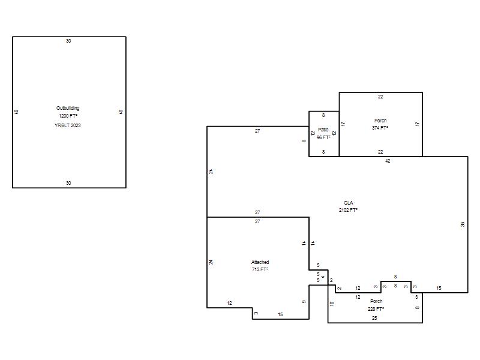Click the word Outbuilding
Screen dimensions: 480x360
(x=68, y=108)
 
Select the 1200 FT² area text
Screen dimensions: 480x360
(x=68, y=116)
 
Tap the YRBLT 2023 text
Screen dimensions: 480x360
(x=68, y=125)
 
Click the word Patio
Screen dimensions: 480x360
(x=323, y=130)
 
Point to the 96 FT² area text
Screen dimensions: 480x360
(x=323, y=137)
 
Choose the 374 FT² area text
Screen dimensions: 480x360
(x=380, y=128)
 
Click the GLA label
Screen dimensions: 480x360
(x=349, y=203)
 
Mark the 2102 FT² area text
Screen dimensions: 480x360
(x=348, y=210)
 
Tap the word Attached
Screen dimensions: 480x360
(x=260, y=262)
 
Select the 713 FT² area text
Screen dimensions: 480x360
(x=260, y=269)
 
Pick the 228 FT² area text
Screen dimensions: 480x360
(x=376, y=309)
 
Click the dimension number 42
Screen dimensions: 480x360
(x=388, y=161)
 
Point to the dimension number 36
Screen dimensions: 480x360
(x=462, y=224)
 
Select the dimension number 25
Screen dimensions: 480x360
(x=374, y=318)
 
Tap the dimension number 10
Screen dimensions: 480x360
(x=332, y=304)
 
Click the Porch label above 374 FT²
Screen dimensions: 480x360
(x=380, y=121)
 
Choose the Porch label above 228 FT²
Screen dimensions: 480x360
(x=376, y=301)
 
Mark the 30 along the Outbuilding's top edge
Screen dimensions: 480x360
(x=68, y=41)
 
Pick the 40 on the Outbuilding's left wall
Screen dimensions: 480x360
(x=17, y=112)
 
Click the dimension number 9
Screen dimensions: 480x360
(x=304, y=302)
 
